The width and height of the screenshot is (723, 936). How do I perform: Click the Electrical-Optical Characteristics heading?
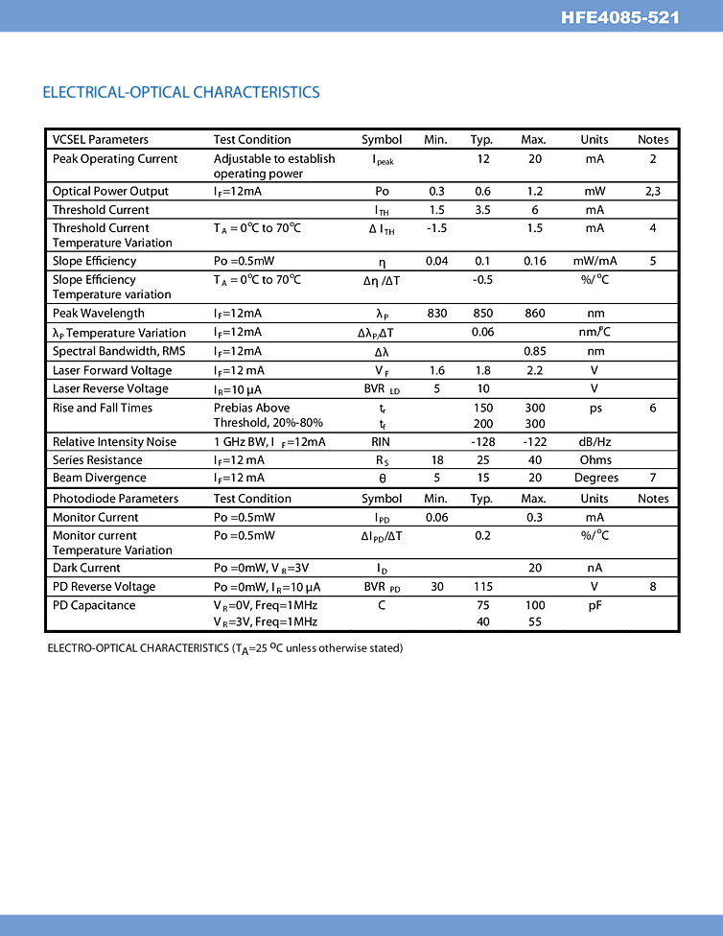181,92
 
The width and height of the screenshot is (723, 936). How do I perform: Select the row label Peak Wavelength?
99,314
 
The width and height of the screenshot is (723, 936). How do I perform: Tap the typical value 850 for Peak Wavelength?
483,314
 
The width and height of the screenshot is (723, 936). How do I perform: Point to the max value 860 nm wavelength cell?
534,314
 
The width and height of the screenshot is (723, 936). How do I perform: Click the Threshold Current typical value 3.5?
483,210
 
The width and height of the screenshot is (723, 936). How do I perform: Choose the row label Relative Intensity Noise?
114,442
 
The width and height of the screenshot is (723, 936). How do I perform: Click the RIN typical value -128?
483,442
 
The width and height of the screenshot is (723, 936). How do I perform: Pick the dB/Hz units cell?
595,442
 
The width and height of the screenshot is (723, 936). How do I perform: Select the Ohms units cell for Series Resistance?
595,460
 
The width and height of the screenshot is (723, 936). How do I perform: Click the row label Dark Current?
86,568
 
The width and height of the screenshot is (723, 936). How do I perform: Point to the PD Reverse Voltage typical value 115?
483,587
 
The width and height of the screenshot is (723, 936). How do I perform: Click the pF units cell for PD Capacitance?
595,606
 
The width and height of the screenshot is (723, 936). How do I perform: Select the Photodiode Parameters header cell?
115,499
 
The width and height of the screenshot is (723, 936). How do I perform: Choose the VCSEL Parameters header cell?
101,140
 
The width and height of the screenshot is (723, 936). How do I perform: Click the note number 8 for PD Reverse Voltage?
653,587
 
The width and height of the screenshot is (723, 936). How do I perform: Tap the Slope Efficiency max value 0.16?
534,262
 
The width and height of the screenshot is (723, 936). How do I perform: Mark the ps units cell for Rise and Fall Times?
595,409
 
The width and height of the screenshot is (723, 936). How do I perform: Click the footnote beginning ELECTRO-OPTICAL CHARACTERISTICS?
225,649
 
